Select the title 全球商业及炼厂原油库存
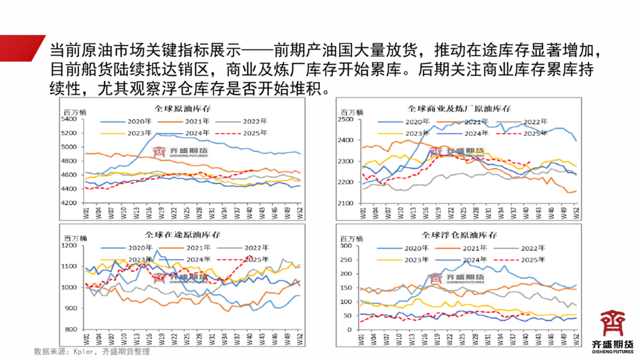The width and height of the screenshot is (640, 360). point(459,108)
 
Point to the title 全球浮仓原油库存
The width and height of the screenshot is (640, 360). point(459,235)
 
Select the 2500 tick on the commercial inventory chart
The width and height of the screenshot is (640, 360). point(344,120)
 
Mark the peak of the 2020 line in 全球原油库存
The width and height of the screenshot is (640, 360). point(157,133)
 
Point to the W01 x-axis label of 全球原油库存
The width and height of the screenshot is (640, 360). point(86,211)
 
